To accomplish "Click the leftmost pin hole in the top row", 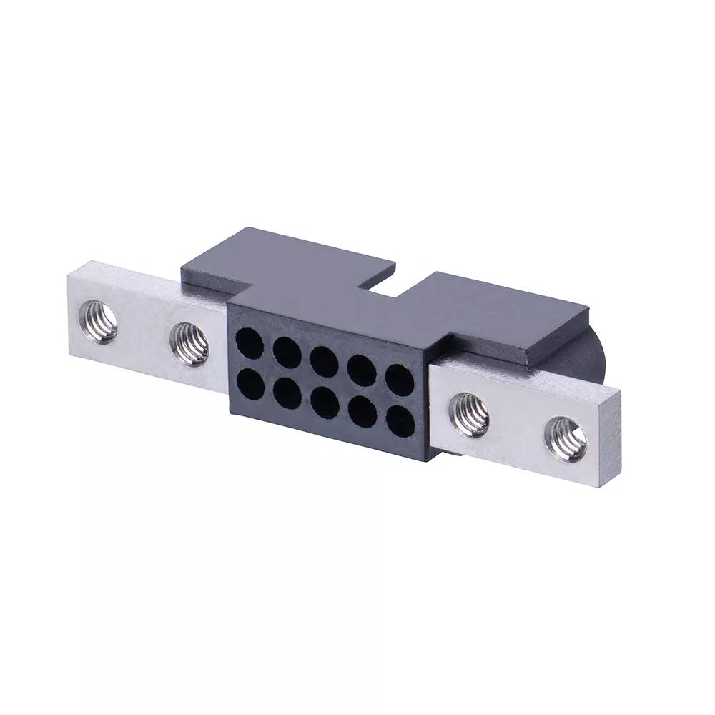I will coord(250,342).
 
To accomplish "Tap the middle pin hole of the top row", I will coord(324,361).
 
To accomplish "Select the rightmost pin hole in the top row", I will coord(400,380).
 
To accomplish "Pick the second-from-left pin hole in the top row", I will coord(287,352).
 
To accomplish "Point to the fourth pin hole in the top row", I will coord(362,370).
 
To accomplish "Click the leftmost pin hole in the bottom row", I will coord(250,384).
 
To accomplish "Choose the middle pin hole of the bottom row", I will coord(325,403).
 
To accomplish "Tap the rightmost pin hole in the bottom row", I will coord(400,422).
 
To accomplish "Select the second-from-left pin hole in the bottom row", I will coord(287,393).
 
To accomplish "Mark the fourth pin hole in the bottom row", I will coord(363,413).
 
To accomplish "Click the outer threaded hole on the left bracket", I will coord(99,322).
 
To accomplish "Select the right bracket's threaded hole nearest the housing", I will coord(469,415).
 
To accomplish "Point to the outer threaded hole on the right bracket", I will coord(566,438).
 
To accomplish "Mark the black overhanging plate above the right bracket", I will coord(500,315).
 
